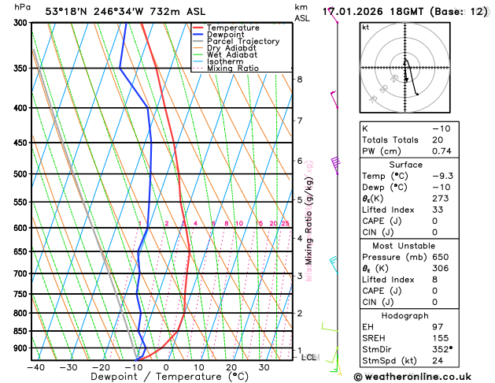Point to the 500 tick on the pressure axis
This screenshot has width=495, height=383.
click(x=22, y=174)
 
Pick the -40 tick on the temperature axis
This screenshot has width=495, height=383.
click(x=35, y=366)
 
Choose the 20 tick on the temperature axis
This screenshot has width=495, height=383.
click(x=231, y=366)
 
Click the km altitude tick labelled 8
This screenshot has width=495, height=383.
click(x=300, y=80)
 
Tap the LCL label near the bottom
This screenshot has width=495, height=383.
click(x=309, y=357)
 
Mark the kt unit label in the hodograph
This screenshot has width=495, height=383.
click(x=365, y=27)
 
